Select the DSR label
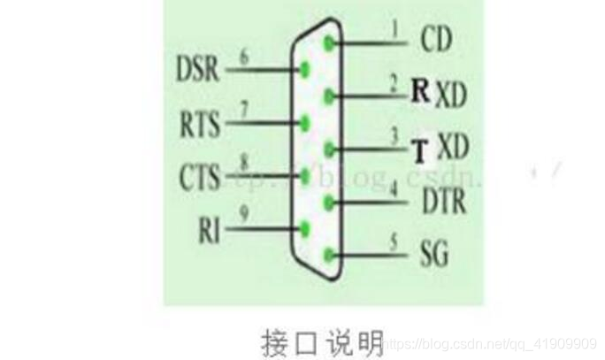[197, 69]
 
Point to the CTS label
[198, 175]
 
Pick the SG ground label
[433, 256]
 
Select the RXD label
[439, 92]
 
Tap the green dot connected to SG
[330, 257]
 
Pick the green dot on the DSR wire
[306, 69]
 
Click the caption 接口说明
[323, 341]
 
